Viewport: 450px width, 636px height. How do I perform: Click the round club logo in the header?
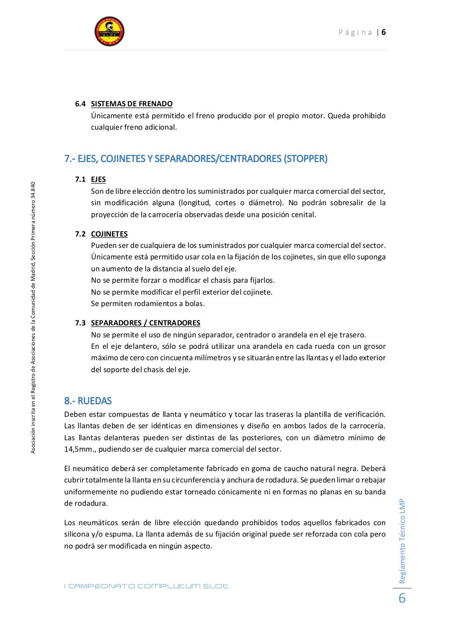[109, 31]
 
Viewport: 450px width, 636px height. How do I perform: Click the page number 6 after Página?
[384, 32]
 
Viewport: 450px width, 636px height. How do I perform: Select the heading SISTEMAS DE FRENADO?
[132, 104]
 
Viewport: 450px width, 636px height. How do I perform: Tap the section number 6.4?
[81, 104]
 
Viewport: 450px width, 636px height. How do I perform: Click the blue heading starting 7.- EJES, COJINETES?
[196, 159]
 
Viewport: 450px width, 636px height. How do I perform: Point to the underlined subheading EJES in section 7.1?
[98, 179]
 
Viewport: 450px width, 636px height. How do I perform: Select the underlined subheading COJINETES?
[109, 234]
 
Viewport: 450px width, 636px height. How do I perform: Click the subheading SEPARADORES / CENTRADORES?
[146, 323]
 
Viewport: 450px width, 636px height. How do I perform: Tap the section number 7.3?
[81, 323]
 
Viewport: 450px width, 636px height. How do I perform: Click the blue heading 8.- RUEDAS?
[88, 400]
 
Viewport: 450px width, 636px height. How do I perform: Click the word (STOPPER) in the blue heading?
[305, 159]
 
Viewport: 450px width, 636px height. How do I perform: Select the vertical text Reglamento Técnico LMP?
[403, 541]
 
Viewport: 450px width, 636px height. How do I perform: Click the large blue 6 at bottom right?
[402, 598]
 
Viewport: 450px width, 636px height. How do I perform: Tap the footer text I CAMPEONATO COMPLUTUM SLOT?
[146, 586]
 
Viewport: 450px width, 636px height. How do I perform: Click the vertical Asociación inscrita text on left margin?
[33, 318]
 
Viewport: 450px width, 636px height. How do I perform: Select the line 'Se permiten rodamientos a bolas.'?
[148, 304]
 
